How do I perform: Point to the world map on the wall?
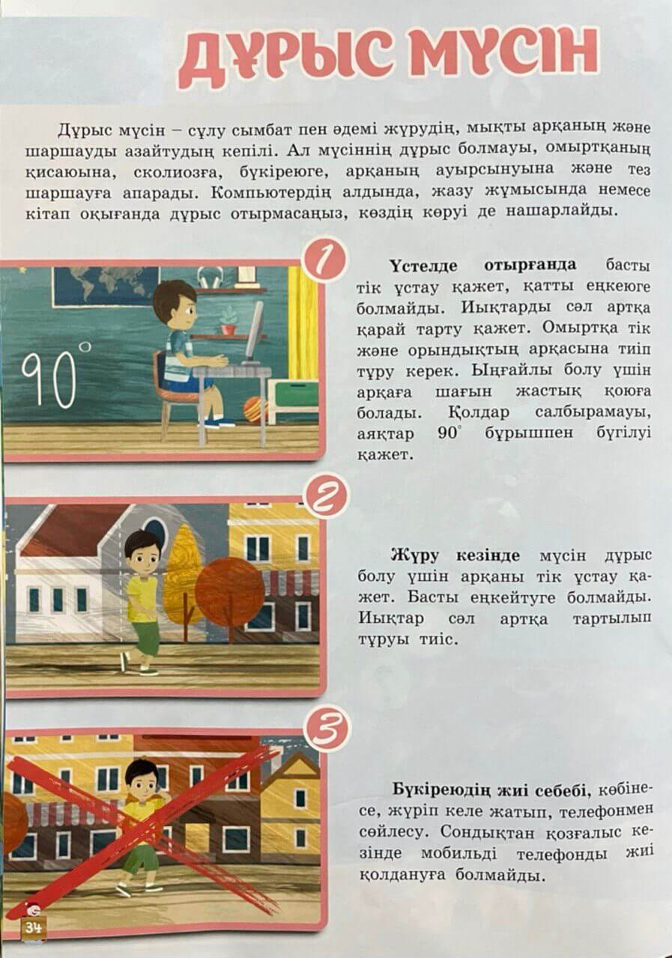point(106,285)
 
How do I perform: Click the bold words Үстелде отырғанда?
point(483,265)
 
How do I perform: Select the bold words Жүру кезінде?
point(455,555)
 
